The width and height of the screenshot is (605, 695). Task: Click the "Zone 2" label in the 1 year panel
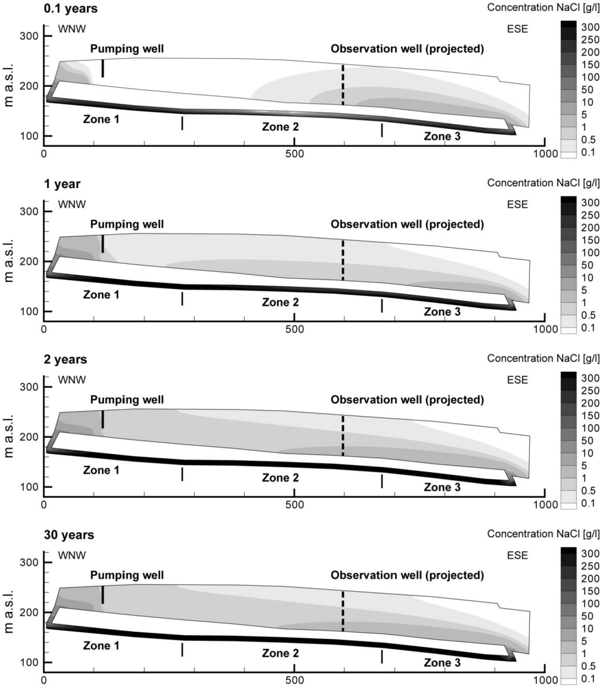click(x=280, y=302)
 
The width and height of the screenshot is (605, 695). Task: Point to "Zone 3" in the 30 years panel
click(x=442, y=662)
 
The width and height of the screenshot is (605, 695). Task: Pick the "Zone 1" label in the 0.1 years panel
click(x=101, y=118)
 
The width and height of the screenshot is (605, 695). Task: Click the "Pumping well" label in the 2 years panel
click(x=127, y=400)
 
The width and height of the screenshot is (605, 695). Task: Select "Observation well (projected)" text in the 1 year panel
click(x=407, y=224)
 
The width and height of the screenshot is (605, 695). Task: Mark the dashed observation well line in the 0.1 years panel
click(x=343, y=85)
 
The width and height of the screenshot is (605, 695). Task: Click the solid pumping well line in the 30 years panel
click(x=103, y=594)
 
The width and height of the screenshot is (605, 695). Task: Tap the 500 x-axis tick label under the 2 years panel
click(x=295, y=505)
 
